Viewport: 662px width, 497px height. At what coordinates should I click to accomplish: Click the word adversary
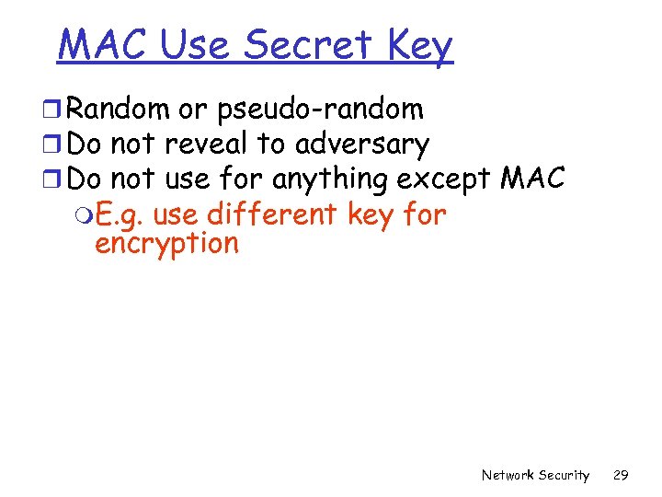[362, 144]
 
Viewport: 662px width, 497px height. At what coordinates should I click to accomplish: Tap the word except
[444, 179]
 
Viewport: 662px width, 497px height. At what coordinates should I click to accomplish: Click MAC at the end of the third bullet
[532, 179]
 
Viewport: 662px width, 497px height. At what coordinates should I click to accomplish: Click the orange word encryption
[166, 244]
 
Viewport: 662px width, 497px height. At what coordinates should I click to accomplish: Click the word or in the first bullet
[193, 110]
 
